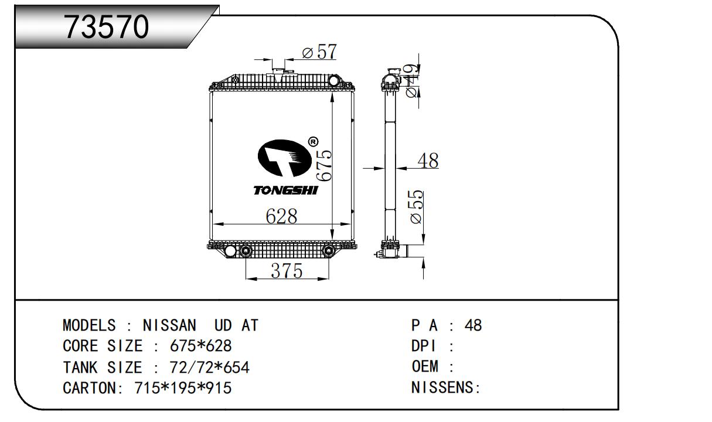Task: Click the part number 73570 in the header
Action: tap(107, 27)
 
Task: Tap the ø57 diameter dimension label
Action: tap(319, 52)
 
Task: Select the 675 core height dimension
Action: tap(325, 165)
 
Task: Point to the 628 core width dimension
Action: tap(281, 216)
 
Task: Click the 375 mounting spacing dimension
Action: tap(287, 271)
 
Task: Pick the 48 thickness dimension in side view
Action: tap(428, 161)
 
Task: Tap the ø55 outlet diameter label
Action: tap(417, 207)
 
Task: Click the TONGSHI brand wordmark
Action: tap(285, 190)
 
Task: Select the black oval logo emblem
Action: tap(285, 158)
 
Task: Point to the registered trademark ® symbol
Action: tap(313, 141)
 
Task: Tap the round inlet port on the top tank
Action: tap(334, 80)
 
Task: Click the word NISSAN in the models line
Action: tap(169, 325)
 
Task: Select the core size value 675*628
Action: tap(200, 346)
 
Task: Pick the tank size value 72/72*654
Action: tap(209, 367)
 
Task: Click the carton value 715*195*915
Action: tap(183, 388)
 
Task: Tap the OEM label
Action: tap(425, 366)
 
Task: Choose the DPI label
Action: tap(424, 346)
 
